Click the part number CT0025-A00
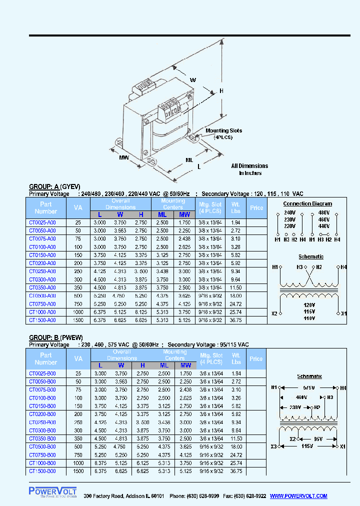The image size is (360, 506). tap(42, 222)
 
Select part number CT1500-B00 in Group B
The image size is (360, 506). tap(42, 471)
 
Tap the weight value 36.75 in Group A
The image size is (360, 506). tap(236, 320)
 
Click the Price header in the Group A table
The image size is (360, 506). tap(256, 207)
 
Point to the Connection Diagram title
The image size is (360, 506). tap(307, 203)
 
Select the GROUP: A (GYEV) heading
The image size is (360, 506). tap(54, 186)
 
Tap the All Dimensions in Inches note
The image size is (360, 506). tap(249, 169)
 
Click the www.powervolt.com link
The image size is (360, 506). tap(298, 496)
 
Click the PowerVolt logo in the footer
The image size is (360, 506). tap(52, 492)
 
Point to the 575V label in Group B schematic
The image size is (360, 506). tap(308, 387)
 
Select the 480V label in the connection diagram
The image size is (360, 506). tap(323, 212)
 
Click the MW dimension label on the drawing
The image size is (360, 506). tap(124, 158)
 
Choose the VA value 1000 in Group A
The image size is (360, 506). tap(78, 312)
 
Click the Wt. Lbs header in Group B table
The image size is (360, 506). tap(236, 358)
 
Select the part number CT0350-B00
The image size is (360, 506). tap(42, 438)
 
